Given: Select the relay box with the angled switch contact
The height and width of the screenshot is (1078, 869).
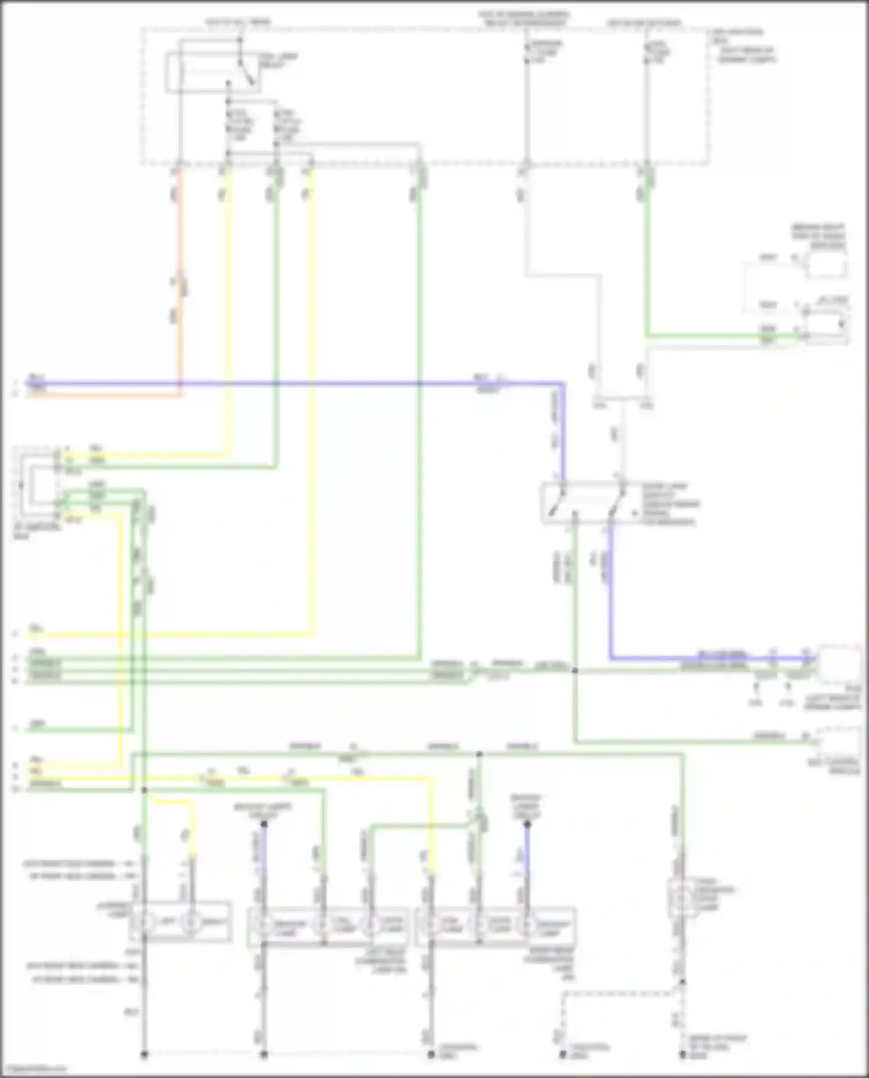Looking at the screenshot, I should click(213, 72).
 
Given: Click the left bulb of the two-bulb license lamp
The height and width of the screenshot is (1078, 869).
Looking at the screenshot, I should click(144, 922).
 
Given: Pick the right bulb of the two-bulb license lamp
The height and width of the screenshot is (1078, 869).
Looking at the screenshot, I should click(192, 922).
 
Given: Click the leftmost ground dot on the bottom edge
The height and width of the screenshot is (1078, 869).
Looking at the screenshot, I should click(144, 1054).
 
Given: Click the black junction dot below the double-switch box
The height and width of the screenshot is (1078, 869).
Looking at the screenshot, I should click(575, 671).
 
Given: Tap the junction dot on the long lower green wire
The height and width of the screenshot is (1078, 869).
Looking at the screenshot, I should click(479, 754).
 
